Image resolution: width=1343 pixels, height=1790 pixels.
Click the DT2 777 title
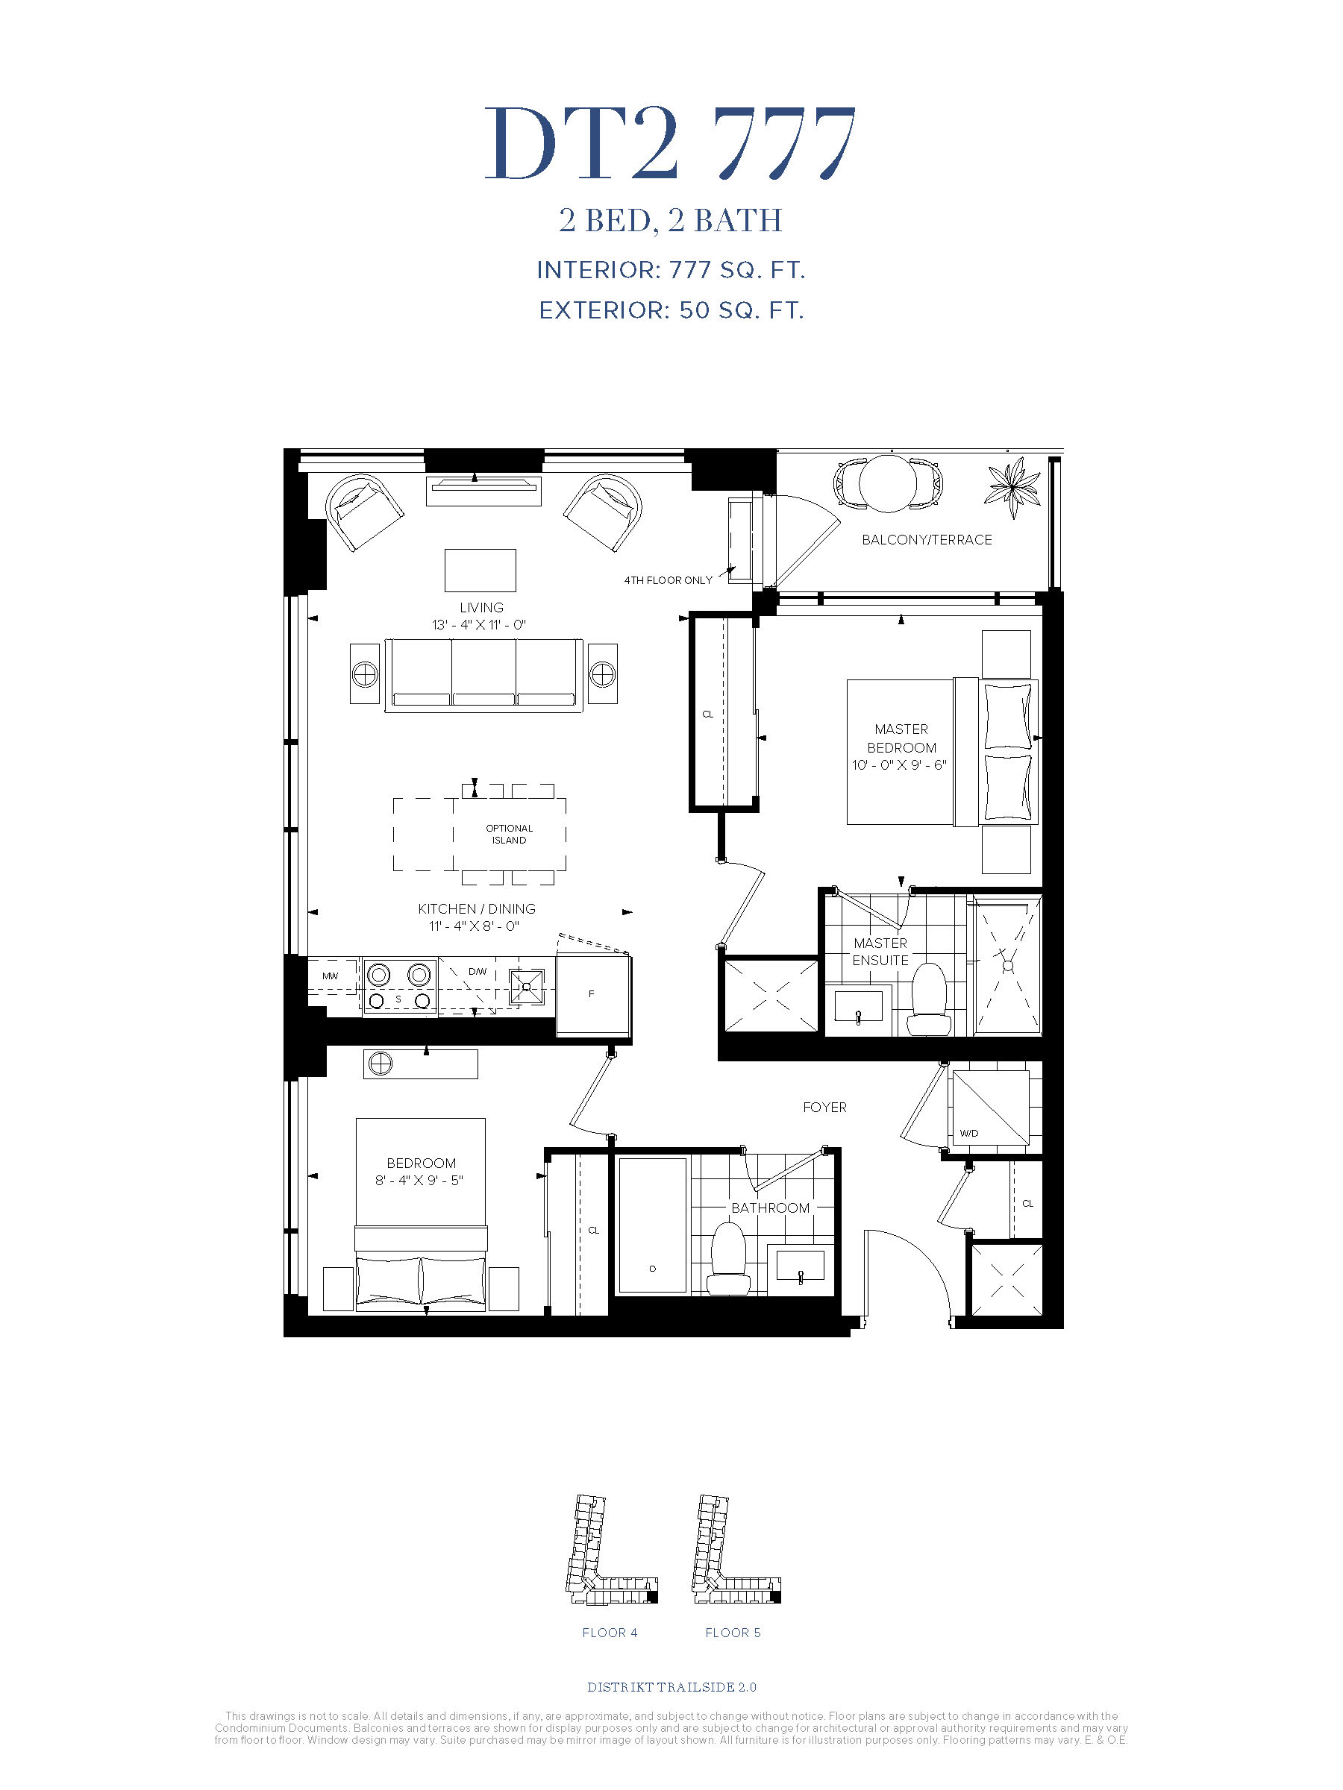pyautogui.click(x=670, y=143)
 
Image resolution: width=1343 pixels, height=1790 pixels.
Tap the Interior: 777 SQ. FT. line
pyautogui.click(x=671, y=270)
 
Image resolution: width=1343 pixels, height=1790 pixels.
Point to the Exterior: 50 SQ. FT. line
pyautogui.click(x=671, y=310)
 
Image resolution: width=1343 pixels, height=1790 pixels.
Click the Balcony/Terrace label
pyautogui.click(x=926, y=540)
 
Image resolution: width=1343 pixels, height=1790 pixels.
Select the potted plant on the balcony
pyautogui.click(x=1012, y=486)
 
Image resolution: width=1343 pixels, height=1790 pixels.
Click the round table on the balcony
pyautogui.click(x=888, y=484)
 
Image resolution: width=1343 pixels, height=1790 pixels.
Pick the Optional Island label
pyautogui.click(x=509, y=835)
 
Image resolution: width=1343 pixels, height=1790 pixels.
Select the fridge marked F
pyautogui.click(x=592, y=994)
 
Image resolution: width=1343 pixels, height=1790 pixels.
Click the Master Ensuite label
pyautogui.click(x=880, y=952)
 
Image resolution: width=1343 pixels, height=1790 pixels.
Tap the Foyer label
pyautogui.click(x=824, y=1107)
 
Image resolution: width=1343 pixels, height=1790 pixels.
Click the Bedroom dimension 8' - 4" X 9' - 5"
pyautogui.click(x=419, y=1180)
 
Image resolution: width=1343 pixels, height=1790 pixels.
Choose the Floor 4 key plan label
pyautogui.click(x=610, y=1632)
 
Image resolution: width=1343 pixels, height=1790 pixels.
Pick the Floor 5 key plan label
pyautogui.click(x=733, y=1632)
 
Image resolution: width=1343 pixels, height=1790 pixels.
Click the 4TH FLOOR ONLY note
pyautogui.click(x=668, y=580)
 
